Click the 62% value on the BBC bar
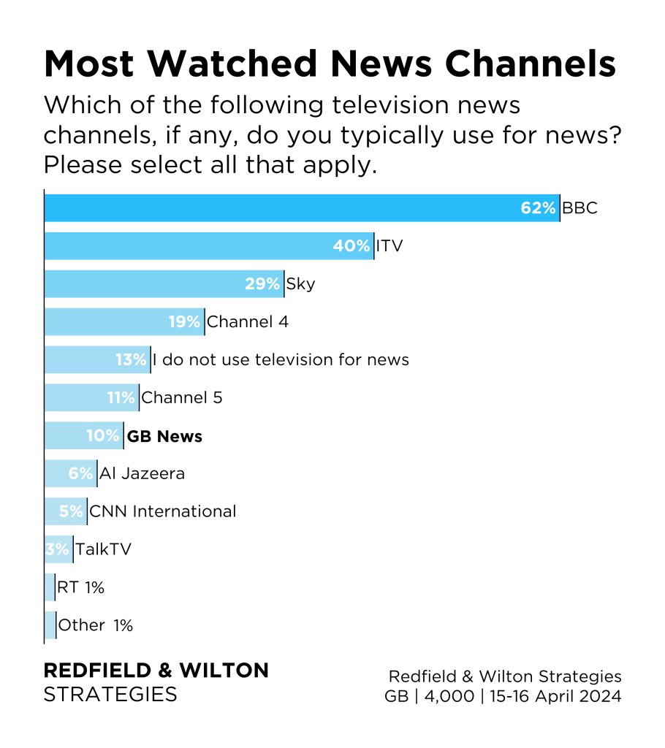539,208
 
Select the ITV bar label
389,246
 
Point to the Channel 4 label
248,322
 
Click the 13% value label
131,360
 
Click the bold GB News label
164,437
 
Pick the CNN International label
162,512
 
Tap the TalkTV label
103,550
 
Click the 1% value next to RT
94,588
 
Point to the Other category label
81,626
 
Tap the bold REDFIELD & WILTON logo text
156,671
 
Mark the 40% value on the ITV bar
351,246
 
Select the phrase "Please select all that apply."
210,165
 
